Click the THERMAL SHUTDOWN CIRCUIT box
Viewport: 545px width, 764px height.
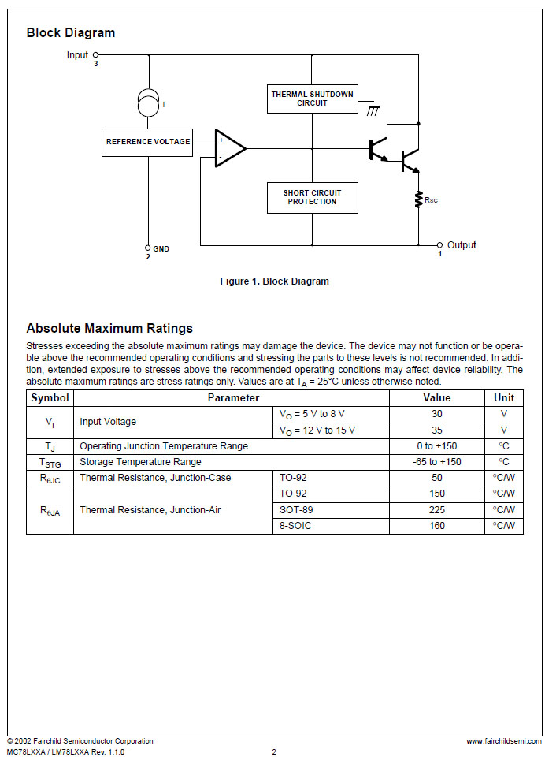(x=312, y=99)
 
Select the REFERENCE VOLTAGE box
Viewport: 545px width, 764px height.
(x=147, y=142)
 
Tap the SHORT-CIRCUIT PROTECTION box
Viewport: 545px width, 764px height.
(x=312, y=197)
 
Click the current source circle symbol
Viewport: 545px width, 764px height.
(x=147, y=102)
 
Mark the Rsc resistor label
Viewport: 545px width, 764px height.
(x=431, y=200)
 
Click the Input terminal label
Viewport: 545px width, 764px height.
(x=78, y=55)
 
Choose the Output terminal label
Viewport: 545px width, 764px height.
(x=462, y=245)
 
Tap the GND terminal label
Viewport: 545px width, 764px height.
(x=161, y=249)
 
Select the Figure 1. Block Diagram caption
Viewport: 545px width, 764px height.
(x=274, y=281)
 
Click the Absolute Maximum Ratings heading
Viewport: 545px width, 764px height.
(x=109, y=329)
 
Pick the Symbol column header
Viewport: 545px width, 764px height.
(x=50, y=398)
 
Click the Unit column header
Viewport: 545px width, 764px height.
(x=504, y=398)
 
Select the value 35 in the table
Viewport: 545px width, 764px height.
(x=437, y=430)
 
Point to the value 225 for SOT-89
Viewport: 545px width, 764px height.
(x=437, y=510)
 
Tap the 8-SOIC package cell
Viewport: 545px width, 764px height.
(x=295, y=526)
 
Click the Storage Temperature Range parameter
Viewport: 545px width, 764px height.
(x=140, y=462)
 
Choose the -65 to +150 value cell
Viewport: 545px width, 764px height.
(x=437, y=462)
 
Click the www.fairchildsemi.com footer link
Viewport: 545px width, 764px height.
(x=503, y=741)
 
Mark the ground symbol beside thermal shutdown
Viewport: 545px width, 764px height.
(x=373, y=110)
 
